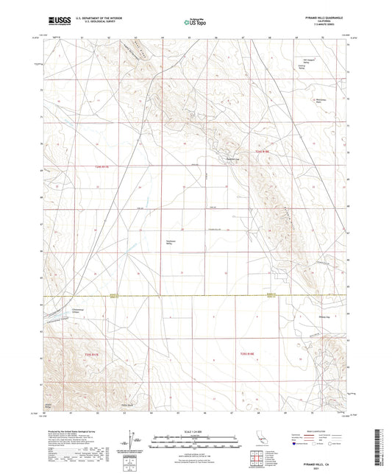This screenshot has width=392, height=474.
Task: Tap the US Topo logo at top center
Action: click(x=195, y=23)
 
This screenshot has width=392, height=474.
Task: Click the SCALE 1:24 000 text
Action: click(x=195, y=431)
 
